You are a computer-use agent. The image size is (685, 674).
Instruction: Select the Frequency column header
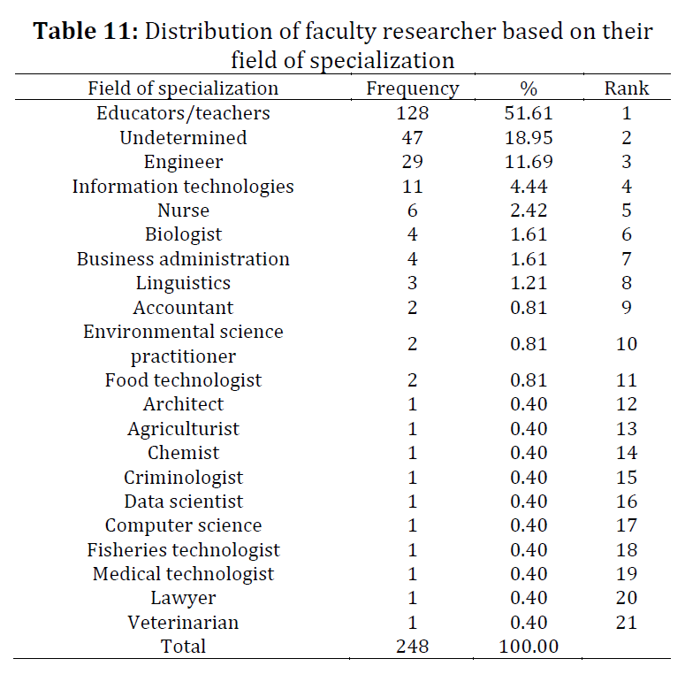[413, 88]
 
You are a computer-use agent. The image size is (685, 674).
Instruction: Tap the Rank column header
[627, 88]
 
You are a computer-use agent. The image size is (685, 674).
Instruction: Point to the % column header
[529, 88]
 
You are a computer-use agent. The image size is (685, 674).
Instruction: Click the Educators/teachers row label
[183, 113]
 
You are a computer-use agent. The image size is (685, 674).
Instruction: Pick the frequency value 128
[413, 113]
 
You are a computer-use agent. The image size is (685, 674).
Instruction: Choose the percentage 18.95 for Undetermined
[529, 138]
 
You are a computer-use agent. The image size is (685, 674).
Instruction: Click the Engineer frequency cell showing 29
[413, 162]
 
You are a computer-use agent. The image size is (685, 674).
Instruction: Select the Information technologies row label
[183, 187]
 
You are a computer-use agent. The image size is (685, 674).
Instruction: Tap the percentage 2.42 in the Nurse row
[529, 211]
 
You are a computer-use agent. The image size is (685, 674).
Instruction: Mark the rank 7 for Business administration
[627, 259]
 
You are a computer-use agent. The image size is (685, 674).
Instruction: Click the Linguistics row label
[183, 283]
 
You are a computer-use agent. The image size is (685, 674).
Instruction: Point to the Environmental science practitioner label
[183, 344]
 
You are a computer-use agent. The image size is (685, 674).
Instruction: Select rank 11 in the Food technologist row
[627, 379]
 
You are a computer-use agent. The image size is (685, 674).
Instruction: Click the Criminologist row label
[183, 478]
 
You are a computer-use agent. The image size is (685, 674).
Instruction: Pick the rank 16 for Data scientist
[627, 502]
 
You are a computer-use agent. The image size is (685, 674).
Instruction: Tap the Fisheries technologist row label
[183, 550]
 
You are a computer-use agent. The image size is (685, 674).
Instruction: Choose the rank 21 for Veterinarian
[627, 623]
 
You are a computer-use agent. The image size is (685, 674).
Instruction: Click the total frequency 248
[413, 647]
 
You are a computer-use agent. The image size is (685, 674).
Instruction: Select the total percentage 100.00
[529, 647]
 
